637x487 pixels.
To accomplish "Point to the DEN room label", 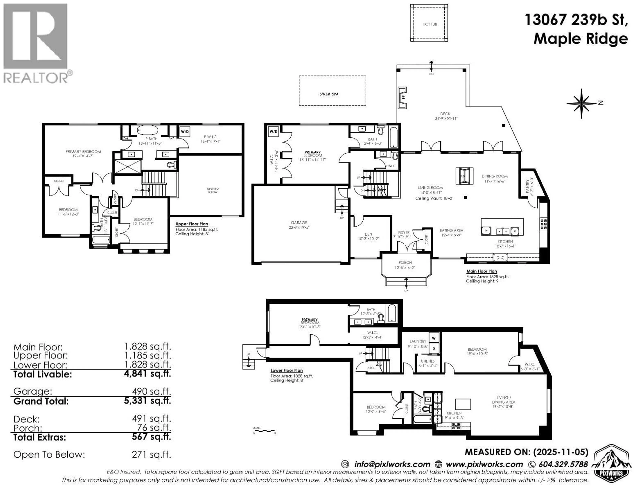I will (x=368, y=234).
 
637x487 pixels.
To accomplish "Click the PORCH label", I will (x=405, y=263).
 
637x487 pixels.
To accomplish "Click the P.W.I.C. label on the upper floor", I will (x=211, y=137).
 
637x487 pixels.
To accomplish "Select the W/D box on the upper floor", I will (x=185, y=132).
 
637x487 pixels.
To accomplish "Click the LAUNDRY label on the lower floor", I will (x=418, y=341).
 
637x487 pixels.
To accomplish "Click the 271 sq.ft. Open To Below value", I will (x=151, y=454).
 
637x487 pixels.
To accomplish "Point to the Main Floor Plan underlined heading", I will (x=481, y=271).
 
